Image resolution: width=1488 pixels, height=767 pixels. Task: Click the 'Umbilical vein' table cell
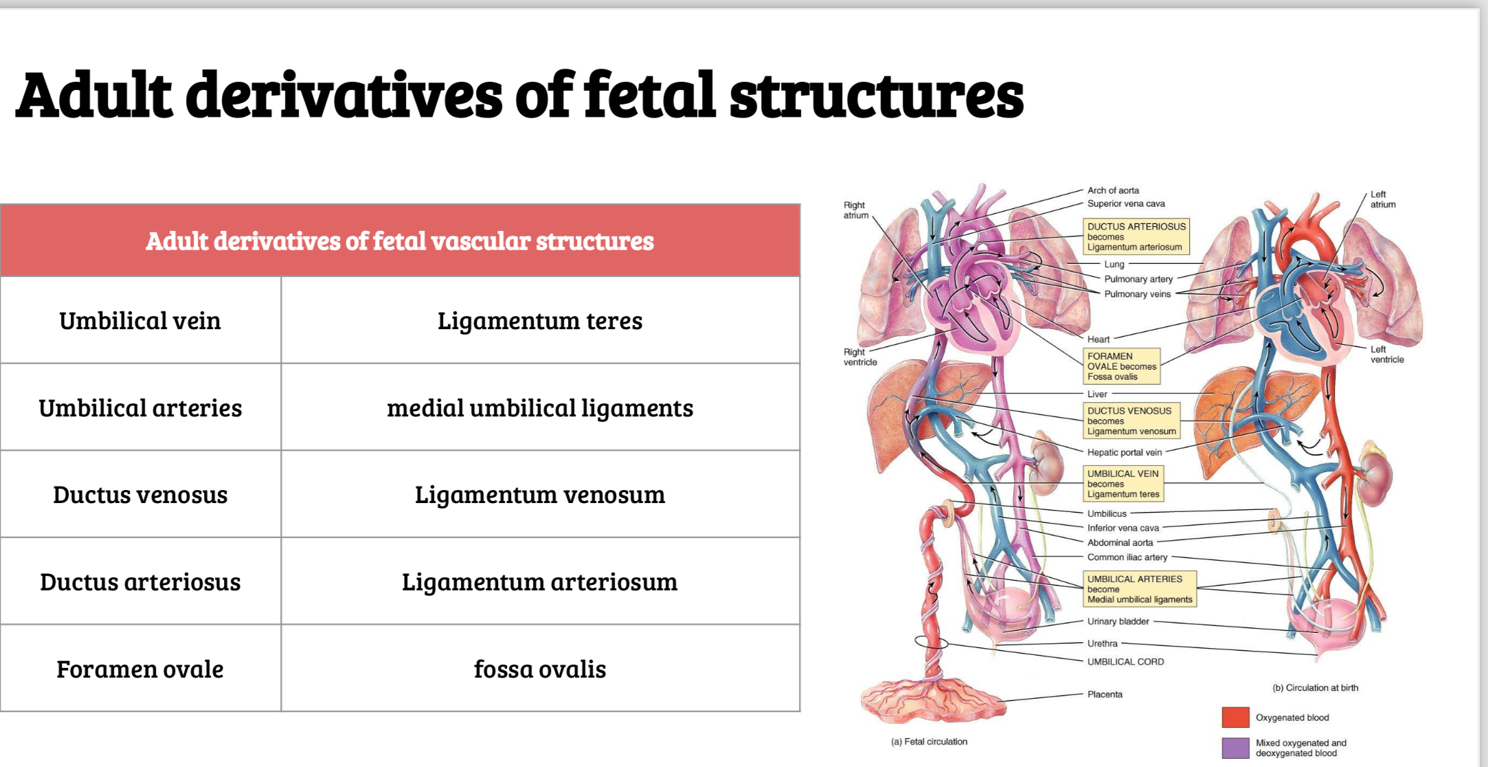point(140,321)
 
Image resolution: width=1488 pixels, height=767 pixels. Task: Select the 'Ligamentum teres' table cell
point(540,321)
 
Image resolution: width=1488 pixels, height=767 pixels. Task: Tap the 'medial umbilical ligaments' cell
point(540,408)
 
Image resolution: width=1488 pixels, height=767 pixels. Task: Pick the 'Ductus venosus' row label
point(140,495)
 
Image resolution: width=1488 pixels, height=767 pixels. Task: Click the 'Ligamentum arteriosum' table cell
point(540,582)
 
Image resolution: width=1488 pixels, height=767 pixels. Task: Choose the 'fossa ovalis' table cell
point(540,669)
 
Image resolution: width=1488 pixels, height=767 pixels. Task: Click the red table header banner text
point(400,241)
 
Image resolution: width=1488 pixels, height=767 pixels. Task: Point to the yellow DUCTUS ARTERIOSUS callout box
point(1136,236)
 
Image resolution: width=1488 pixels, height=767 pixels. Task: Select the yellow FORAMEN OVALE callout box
point(1121,366)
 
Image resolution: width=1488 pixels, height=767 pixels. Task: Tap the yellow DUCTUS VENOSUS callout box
point(1131,421)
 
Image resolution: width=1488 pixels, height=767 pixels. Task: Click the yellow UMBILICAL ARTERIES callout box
point(1139,589)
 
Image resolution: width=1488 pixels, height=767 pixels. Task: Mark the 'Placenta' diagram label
point(1105,694)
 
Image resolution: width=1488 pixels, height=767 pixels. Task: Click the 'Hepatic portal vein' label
point(1125,452)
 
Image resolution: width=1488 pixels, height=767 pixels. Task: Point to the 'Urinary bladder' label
point(1118,621)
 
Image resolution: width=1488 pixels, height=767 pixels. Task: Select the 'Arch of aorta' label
point(1113,190)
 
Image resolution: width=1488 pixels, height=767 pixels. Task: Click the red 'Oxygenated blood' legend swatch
point(1235,717)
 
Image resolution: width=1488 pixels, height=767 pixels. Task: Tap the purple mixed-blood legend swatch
point(1235,748)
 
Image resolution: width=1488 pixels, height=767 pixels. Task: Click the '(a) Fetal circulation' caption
point(929,742)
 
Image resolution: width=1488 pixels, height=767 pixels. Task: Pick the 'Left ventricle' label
point(1386,355)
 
